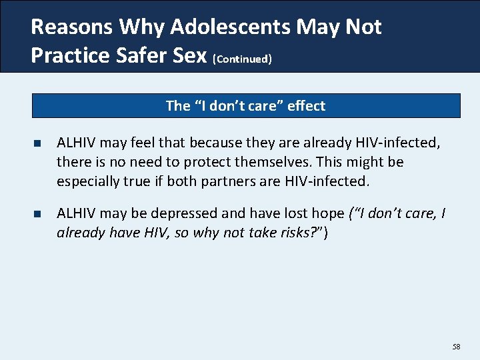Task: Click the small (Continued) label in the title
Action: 242,59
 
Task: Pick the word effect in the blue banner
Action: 306,105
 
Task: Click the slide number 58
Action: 456,347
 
